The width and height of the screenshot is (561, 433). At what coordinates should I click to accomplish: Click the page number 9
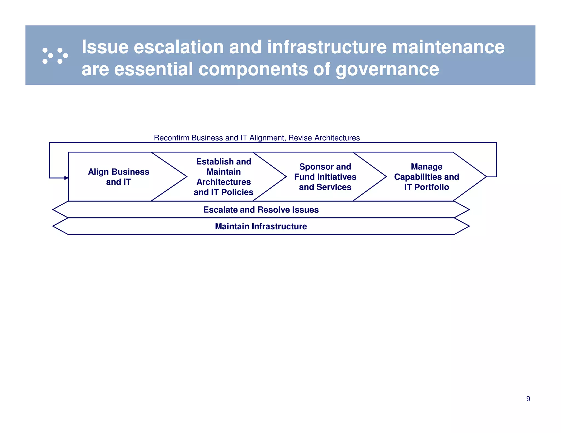(x=528, y=399)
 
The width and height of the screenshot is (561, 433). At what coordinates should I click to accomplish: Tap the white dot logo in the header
(x=55, y=56)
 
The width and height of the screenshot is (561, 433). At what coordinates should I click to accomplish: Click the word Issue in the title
(x=105, y=47)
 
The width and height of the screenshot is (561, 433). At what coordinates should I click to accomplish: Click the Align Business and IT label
(x=118, y=177)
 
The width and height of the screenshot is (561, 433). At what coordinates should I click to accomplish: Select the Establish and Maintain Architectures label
(x=224, y=177)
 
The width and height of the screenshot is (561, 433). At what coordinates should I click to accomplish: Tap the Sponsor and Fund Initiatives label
(x=325, y=177)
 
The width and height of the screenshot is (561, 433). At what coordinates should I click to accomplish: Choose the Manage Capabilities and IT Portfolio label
(x=427, y=177)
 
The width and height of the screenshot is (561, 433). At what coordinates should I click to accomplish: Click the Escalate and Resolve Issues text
(x=261, y=210)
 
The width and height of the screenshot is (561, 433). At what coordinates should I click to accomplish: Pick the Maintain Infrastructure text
(x=261, y=226)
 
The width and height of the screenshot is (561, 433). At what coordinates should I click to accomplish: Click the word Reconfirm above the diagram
(x=171, y=138)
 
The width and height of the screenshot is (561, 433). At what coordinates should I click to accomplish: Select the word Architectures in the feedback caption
(x=337, y=138)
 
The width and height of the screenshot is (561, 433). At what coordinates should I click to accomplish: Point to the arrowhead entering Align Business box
(x=66, y=178)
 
